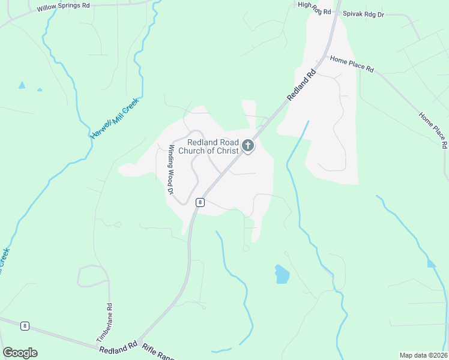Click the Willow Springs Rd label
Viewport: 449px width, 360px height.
[63, 7]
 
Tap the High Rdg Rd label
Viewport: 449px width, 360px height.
[314, 8]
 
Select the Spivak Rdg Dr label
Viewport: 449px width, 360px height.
[363, 13]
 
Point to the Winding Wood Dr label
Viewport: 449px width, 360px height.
[171, 170]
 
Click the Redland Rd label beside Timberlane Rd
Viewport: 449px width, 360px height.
[118, 349]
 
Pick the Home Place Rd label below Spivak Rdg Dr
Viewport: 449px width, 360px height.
[352, 64]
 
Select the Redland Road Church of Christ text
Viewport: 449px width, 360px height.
[212, 146]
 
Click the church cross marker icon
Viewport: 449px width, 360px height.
[247, 145]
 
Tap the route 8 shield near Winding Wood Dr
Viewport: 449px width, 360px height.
[200, 202]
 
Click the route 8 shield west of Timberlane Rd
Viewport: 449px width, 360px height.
[24, 326]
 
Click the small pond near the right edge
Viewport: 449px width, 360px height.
[432, 263]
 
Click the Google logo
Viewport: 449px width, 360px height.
[20, 353]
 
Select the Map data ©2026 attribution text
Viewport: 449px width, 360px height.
[423, 355]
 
